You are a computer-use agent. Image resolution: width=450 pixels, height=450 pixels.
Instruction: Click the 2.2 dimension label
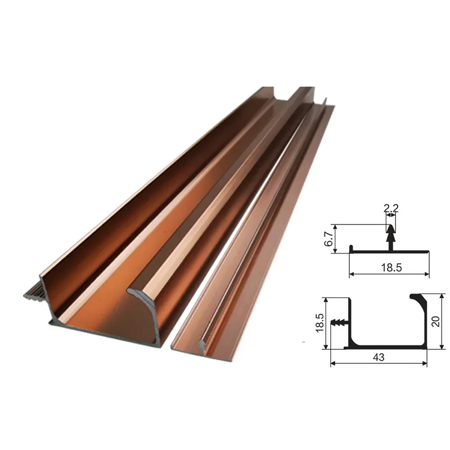[391, 208]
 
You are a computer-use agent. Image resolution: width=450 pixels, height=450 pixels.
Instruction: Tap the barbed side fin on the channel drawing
[340, 323]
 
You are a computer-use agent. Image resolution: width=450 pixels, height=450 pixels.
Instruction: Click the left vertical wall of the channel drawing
[350, 321]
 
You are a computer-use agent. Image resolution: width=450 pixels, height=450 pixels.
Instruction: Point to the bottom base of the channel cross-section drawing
[388, 348]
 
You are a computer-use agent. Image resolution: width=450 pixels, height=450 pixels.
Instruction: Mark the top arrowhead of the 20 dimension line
[443, 296]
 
